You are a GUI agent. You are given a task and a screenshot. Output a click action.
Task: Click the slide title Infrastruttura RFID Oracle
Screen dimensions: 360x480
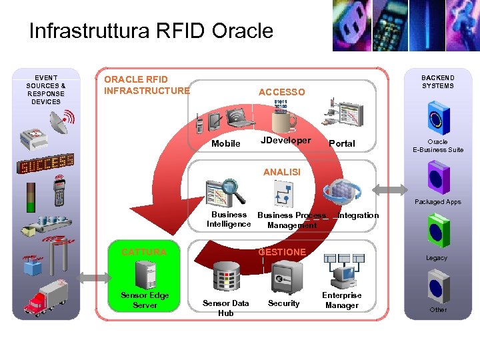point(151,31)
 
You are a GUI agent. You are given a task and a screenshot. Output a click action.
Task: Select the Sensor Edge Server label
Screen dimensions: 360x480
point(145,300)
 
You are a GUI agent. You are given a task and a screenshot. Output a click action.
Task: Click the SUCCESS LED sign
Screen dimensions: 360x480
point(46,164)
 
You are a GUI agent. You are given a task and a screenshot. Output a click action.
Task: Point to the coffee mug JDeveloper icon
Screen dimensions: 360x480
point(283,121)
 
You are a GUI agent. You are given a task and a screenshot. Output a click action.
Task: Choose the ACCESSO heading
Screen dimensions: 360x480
point(281,92)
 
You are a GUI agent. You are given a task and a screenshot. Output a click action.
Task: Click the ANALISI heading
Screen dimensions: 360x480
point(282,172)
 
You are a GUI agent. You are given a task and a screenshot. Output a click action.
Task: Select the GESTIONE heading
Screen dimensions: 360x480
point(282,252)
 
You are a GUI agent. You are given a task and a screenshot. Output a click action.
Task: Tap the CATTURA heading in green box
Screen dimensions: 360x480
point(144,252)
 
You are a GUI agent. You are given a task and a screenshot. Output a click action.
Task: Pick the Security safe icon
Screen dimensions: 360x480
point(283,276)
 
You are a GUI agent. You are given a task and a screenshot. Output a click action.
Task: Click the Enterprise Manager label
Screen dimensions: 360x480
point(341,300)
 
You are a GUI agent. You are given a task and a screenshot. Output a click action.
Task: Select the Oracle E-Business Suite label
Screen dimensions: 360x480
point(437,145)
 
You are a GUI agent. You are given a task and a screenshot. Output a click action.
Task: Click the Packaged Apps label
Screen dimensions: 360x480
point(437,201)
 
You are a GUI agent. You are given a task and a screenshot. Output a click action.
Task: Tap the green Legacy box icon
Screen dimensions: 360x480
point(438,231)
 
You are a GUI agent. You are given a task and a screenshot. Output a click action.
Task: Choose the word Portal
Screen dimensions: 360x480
point(342,143)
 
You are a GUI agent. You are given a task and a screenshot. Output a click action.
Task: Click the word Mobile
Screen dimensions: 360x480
point(225,143)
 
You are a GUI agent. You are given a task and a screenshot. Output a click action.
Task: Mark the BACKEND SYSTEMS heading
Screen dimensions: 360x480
point(437,81)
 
